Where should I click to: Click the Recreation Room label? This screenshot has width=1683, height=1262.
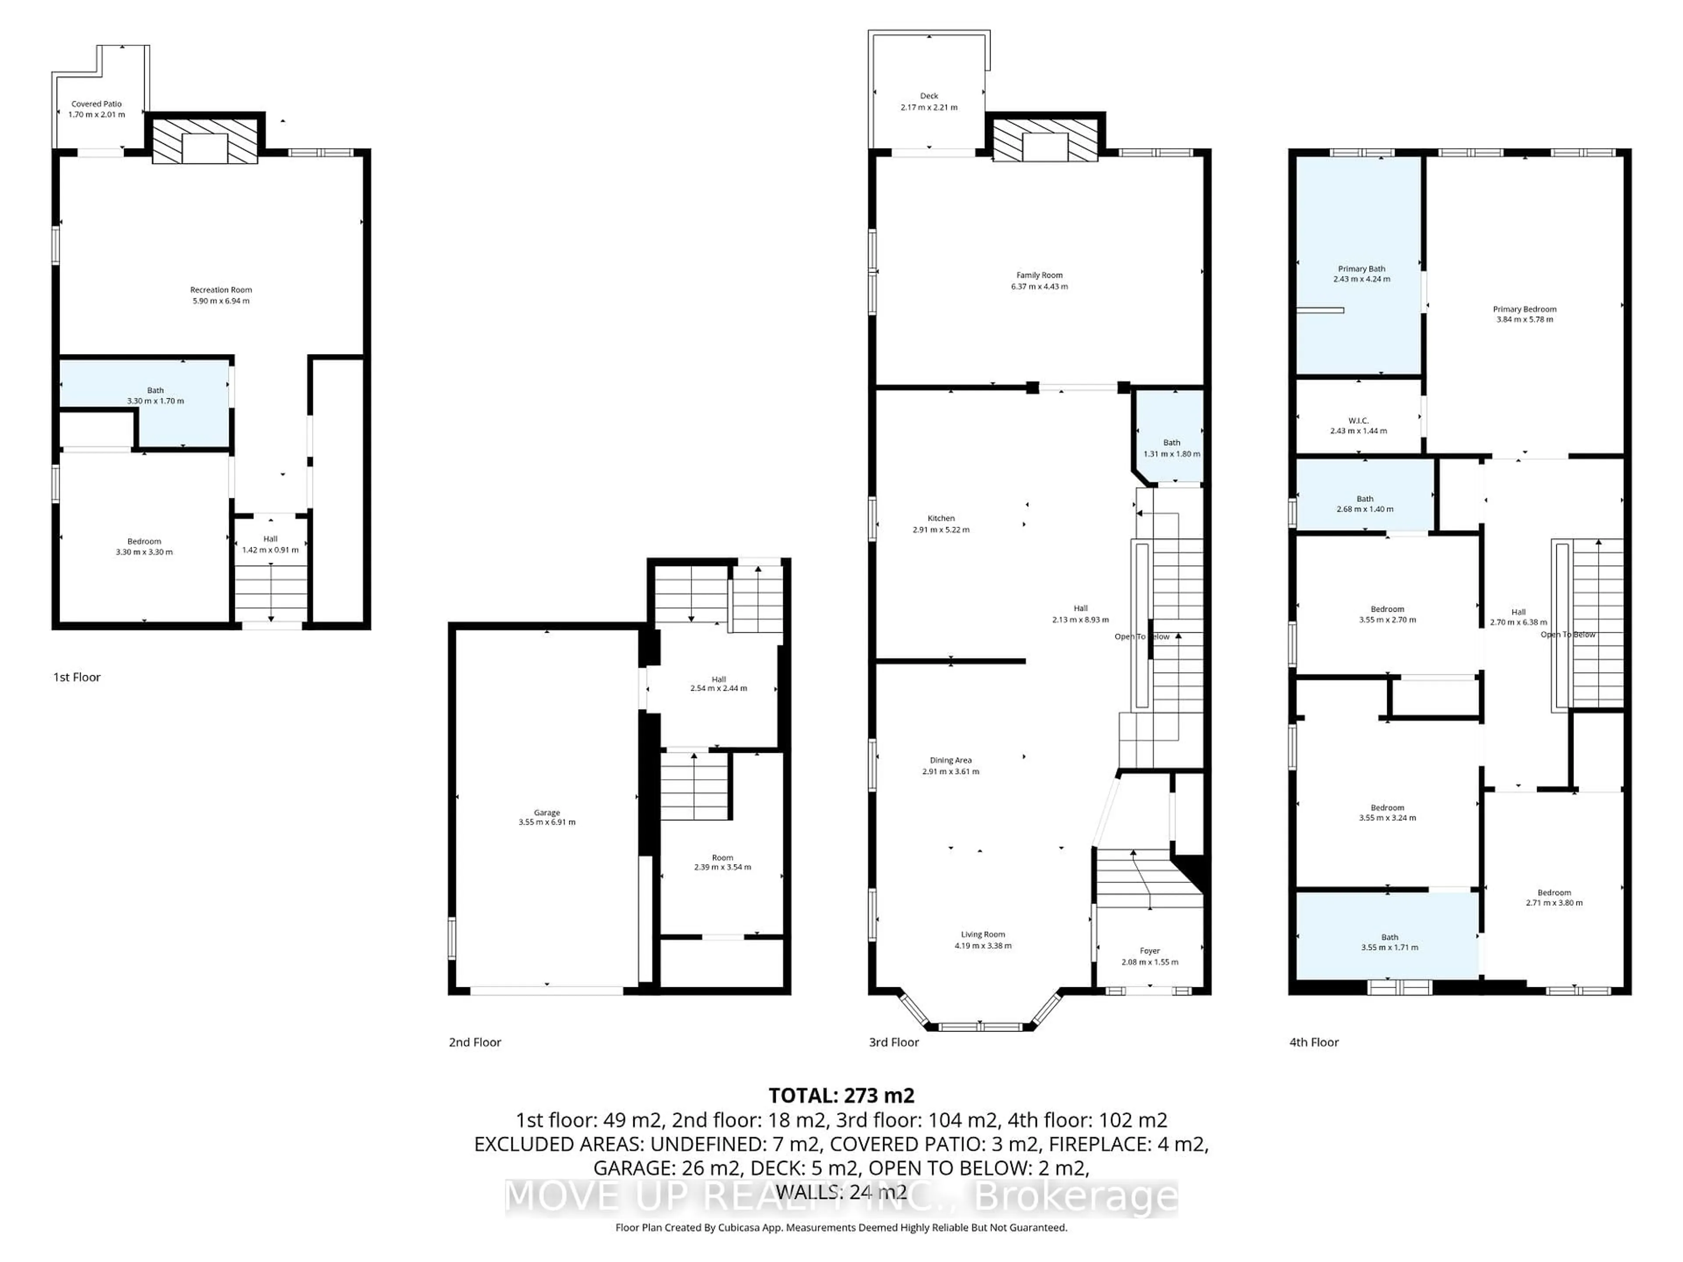click(220, 290)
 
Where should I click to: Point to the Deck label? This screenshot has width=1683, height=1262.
click(929, 96)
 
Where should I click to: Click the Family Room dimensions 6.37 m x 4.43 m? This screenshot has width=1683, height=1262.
click(1039, 287)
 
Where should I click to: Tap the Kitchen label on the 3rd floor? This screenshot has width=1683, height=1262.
click(941, 518)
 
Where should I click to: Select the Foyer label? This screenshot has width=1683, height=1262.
click(1150, 951)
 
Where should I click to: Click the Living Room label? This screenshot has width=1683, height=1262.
click(983, 934)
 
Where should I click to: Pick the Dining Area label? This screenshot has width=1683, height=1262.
click(950, 760)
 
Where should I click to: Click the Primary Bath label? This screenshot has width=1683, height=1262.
click(1361, 269)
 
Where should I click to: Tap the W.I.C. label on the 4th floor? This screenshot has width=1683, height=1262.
click(1358, 421)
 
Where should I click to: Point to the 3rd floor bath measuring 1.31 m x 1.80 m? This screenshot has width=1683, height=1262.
click(1172, 448)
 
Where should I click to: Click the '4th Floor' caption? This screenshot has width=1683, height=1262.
click(1314, 1042)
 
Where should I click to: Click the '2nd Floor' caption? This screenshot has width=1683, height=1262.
click(475, 1042)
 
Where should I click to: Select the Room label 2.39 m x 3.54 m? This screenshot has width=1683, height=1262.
click(722, 862)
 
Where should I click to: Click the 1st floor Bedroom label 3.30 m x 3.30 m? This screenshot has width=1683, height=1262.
click(144, 546)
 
